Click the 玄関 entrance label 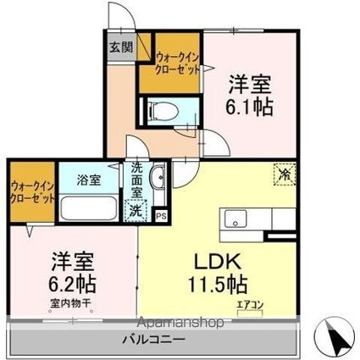pos(120,47)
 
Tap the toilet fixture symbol pos(161,111)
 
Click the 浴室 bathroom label pos(88,180)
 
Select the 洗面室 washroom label pos(136,180)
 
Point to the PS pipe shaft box pos(161,216)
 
